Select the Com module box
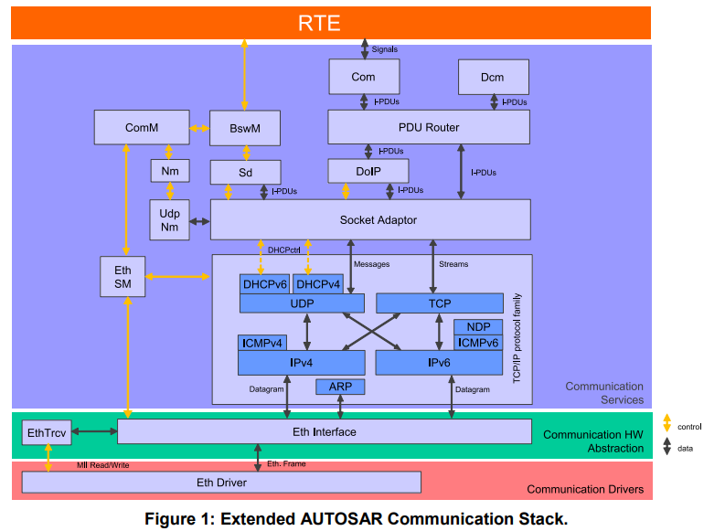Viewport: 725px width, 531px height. [x=363, y=77]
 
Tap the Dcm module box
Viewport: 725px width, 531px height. [x=492, y=77]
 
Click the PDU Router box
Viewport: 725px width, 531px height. [x=429, y=127]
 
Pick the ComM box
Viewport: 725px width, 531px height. [x=142, y=128]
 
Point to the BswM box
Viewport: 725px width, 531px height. [x=244, y=129]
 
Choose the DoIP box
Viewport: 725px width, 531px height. [x=368, y=171]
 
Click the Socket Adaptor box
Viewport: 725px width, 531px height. [x=370, y=220]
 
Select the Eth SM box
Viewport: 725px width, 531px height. [x=123, y=277]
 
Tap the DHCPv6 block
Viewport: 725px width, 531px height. [x=264, y=284]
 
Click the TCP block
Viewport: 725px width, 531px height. [x=440, y=303]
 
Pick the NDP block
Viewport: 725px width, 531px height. [x=478, y=327]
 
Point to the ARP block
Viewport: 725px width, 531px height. [x=340, y=387]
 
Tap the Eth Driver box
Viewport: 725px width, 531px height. [x=221, y=482]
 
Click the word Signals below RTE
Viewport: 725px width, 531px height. [x=385, y=49]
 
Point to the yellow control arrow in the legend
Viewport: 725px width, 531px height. [x=666, y=424]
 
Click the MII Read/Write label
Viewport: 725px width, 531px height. [x=102, y=465]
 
